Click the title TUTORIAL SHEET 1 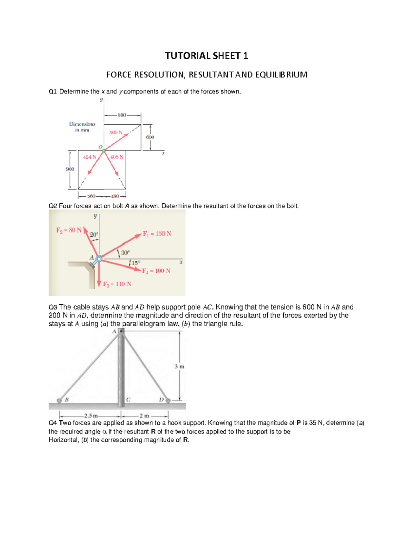coord(206,56)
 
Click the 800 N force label coord(116,132)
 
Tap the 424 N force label coord(89,157)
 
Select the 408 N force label coord(117,157)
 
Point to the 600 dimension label coord(150,137)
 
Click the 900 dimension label coord(70,169)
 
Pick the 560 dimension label coord(91,196)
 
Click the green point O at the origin coord(104,150)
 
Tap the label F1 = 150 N coord(157,234)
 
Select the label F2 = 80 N coord(69,230)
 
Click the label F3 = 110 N coord(117,284)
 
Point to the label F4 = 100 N coord(156,271)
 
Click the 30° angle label coord(125,253)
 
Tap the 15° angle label coord(136,263)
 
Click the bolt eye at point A coord(99,259)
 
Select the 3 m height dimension coord(179,367)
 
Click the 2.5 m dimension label coord(91,416)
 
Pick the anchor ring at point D coord(168,400)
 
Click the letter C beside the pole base coord(128,400)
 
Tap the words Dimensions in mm coord(82,127)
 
